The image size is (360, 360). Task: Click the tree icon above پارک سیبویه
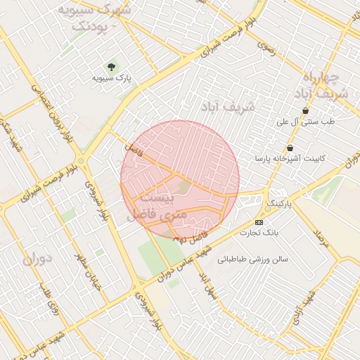(111, 67)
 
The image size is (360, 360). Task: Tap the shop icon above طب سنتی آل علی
(305, 111)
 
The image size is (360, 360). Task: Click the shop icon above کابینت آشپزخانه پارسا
(290, 148)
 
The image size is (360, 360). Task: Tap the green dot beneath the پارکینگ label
(267, 209)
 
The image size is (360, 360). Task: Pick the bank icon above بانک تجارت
(259, 222)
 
